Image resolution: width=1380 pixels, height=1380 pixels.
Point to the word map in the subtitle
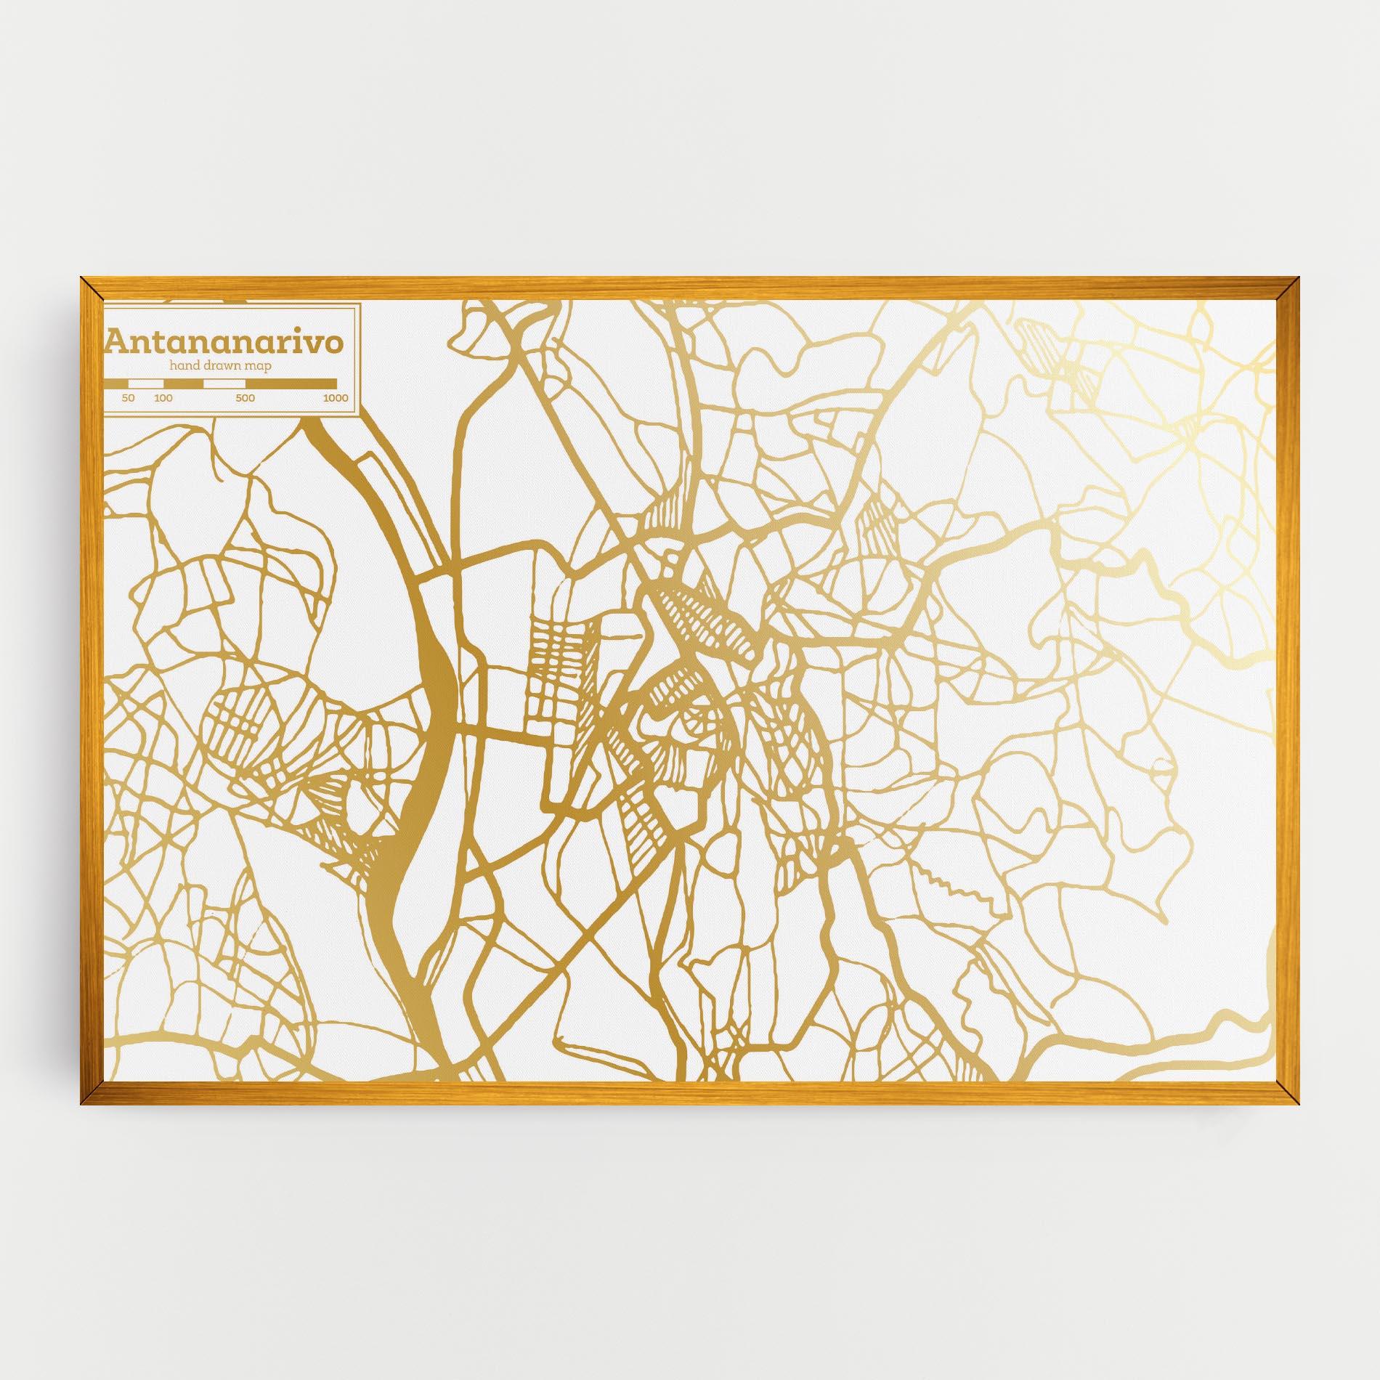258,366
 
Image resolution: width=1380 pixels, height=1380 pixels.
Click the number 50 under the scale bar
128,398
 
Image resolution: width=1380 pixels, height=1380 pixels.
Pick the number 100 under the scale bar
163,398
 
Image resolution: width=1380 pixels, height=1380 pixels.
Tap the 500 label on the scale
245,398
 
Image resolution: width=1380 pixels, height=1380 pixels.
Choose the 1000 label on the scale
336,398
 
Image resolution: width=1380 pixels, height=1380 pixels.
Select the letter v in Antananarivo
317,344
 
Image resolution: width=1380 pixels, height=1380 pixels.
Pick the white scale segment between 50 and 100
145,383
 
